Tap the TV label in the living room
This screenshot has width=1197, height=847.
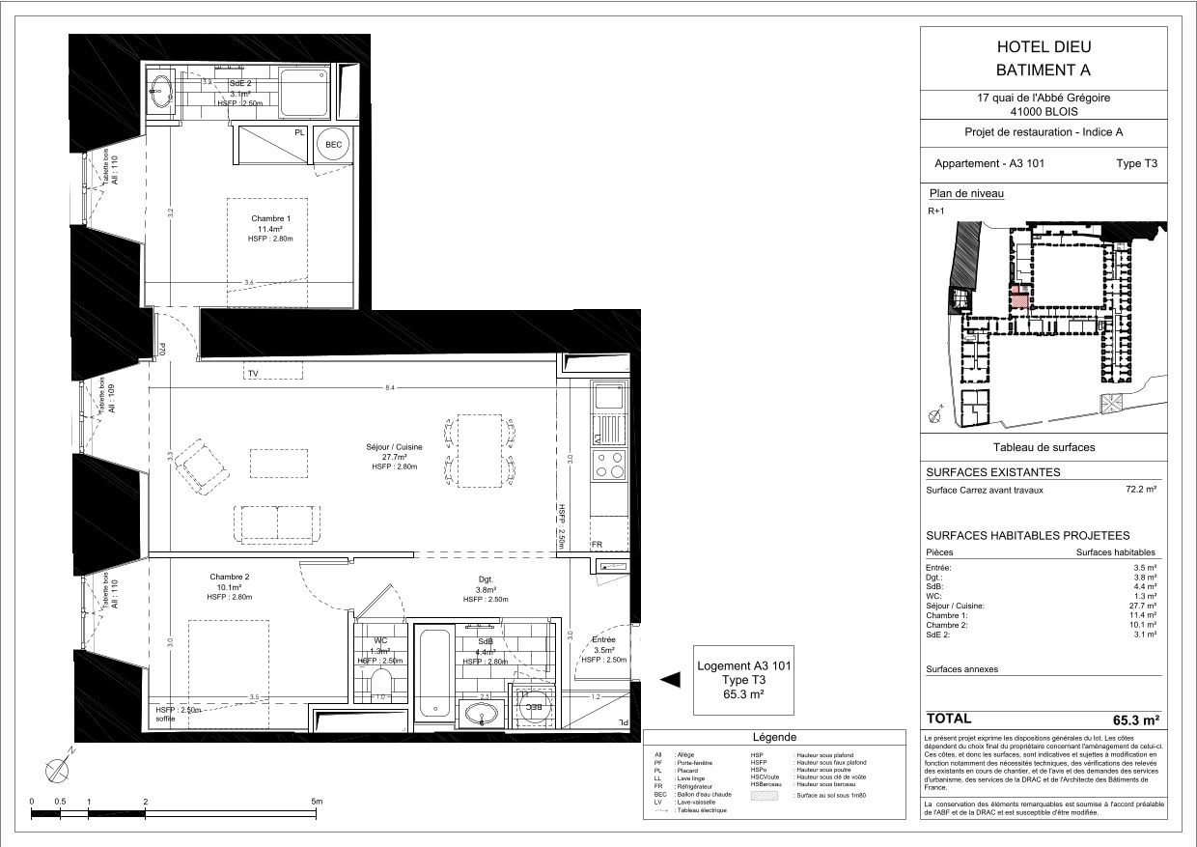(x=253, y=373)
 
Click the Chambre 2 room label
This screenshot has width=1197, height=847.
(x=229, y=577)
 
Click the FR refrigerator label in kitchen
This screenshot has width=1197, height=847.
(x=598, y=545)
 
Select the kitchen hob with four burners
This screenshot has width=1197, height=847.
(x=609, y=465)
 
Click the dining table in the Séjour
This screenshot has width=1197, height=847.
(x=481, y=450)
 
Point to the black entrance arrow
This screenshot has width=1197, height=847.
(x=669, y=680)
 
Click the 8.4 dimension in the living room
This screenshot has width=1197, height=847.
(x=389, y=387)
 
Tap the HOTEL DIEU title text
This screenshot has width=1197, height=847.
(x=1040, y=47)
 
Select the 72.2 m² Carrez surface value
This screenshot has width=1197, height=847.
(x=1141, y=490)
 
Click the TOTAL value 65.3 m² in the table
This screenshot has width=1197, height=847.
(x=1135, y=720)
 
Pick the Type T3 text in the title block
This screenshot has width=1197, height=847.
(x=1136, y=163)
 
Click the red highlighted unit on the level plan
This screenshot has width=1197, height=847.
(x=1016, y=296)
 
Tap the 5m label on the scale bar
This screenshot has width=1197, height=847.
(x=317, y=802)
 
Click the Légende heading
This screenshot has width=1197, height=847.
(x=774, y=738)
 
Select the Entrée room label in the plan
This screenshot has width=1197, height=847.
(x=604, y=640)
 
